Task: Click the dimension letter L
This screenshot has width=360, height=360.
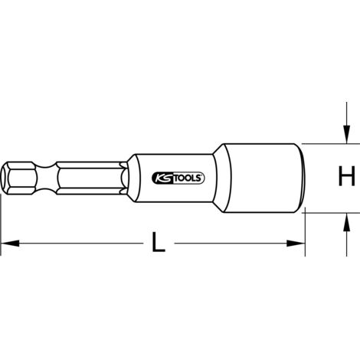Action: point(159,242)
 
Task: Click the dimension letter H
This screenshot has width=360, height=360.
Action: point(346,176)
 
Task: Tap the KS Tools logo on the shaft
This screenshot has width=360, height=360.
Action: point(178,178)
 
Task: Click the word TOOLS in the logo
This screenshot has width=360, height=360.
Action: point(188,178)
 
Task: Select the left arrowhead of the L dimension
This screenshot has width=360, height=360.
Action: point(10,244)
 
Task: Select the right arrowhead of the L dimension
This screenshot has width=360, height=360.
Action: point(296,244)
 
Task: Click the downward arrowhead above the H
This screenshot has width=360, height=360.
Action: point(346,134)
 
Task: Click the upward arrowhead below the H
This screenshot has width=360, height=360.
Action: point(346,222)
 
